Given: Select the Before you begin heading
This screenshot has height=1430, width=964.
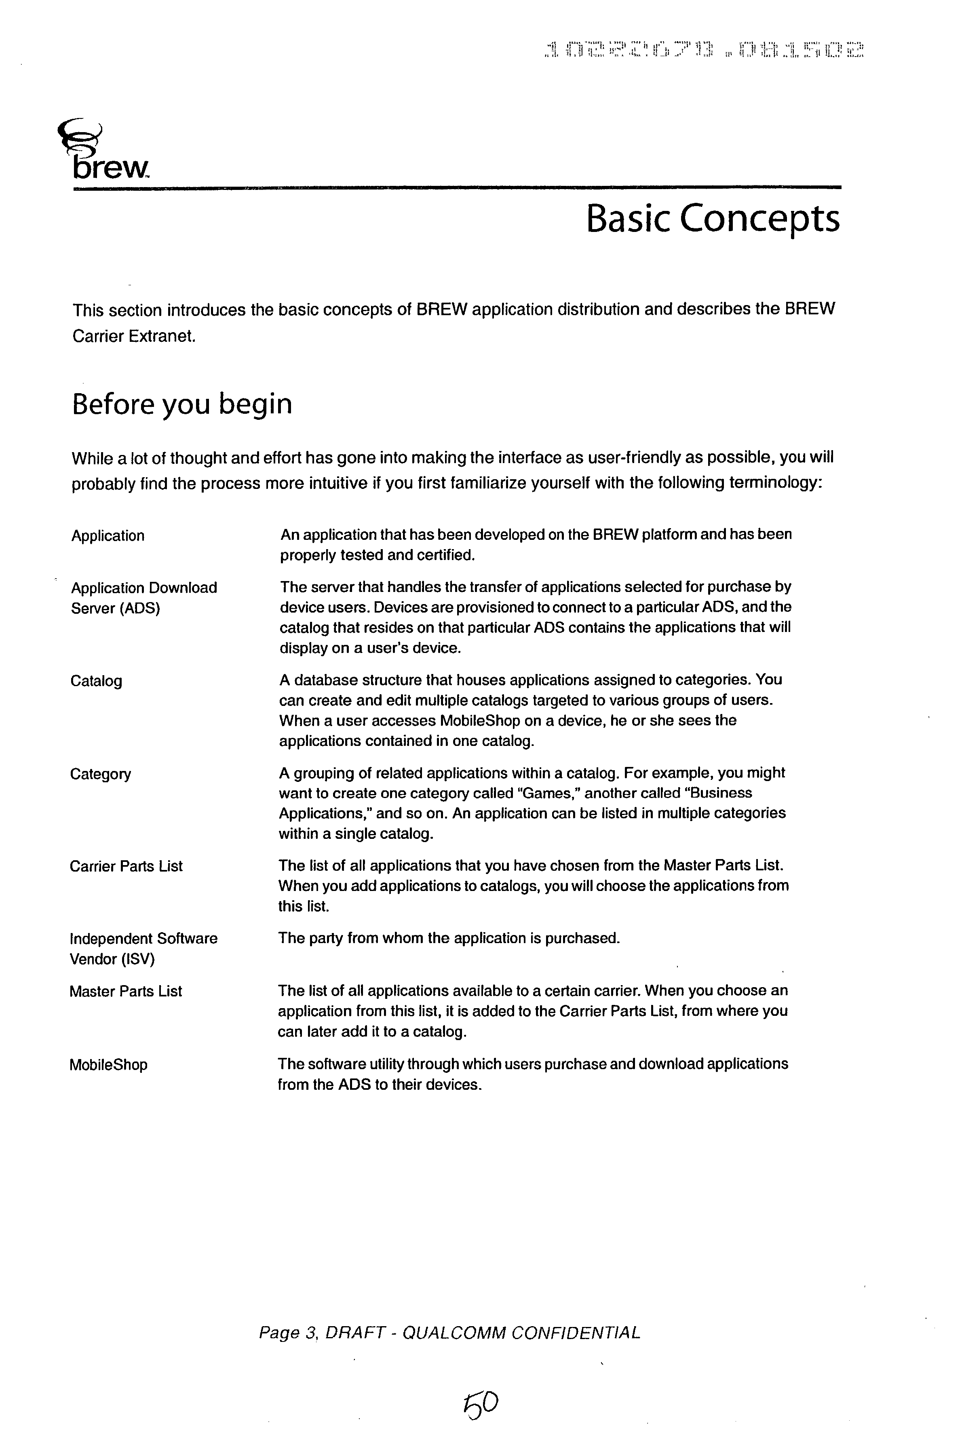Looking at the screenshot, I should click(182, 404).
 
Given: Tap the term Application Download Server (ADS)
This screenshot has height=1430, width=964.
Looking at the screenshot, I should click(144, 598).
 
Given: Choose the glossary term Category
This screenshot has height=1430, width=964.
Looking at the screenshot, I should click(100, 774).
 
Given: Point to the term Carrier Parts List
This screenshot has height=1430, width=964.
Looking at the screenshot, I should click(126, 866).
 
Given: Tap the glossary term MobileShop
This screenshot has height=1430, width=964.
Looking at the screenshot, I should click(108, 1065).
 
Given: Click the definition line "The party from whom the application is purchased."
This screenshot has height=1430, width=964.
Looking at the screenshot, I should click(449, 938).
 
